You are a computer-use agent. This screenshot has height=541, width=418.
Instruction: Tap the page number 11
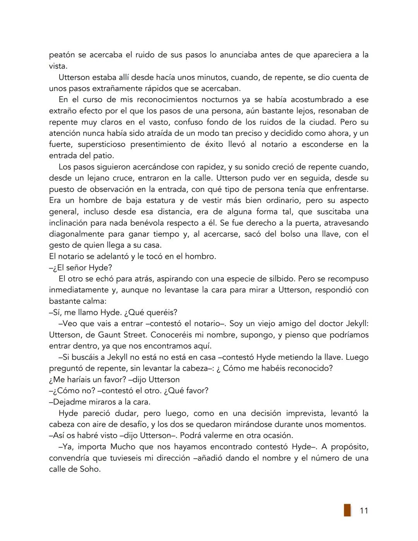coord(364,511)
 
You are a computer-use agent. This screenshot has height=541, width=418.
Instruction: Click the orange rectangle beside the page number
coord(347,510)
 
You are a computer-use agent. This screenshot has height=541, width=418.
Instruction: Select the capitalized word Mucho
coord(123,447)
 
